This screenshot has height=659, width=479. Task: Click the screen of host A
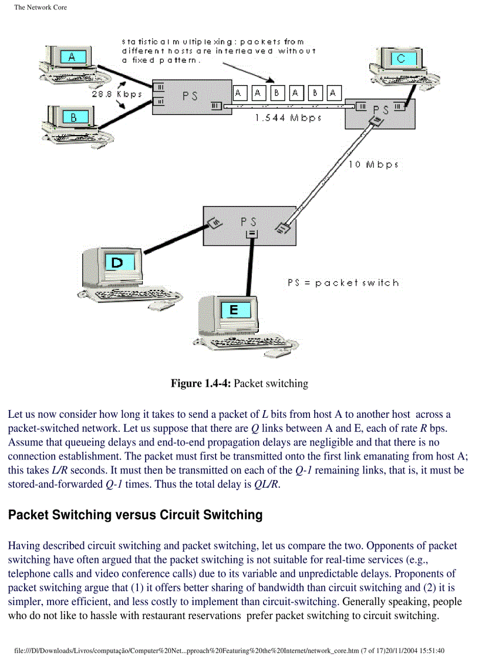point(72,57)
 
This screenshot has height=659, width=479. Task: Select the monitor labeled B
point(73,118)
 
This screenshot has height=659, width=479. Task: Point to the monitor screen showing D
point(117,263)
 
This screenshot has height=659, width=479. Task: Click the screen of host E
point(234,310)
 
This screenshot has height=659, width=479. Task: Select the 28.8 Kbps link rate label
point(116,94)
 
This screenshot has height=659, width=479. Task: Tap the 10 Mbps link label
point(374,165)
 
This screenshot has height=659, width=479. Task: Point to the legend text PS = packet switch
point(343,283)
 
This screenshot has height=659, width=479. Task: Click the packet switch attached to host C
point(380,111)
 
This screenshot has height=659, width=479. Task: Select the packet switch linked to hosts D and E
point(249,224)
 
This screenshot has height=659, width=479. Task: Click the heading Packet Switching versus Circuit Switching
point(135,515)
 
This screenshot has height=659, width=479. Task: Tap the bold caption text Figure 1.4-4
point(200,384)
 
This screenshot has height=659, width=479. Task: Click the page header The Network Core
point(41,8)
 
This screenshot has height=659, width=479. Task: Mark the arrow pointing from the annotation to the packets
point(247,74)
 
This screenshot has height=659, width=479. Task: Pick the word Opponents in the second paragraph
point(340,546)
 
